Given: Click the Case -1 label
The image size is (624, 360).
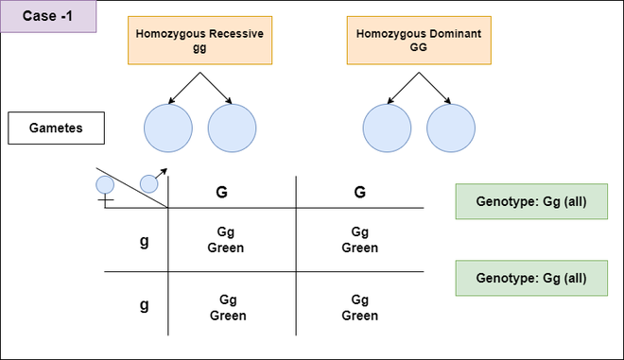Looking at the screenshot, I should tap(47, 16).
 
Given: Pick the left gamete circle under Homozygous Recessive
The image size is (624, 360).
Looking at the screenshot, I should tap(168, 128).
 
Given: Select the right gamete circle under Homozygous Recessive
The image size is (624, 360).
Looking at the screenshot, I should tap(232, 128).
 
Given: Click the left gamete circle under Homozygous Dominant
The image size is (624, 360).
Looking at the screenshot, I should tap(388, 128).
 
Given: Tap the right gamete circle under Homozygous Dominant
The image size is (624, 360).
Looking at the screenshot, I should tap(451, 128).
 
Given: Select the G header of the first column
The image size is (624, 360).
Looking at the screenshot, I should tap(222, 192).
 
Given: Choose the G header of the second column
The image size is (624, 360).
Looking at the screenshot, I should tap(359, 192).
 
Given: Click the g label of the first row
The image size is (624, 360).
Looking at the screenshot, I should tap(144, 241).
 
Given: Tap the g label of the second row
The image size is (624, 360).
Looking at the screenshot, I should tap(144, 306).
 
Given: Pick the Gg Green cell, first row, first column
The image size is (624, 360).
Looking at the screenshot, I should tap(227, 240).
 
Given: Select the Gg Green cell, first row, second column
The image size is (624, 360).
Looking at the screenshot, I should tap(359, 240).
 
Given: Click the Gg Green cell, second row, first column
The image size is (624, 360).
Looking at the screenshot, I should tap(227, 307).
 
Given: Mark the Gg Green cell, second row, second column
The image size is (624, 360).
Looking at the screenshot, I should tap(359, 307).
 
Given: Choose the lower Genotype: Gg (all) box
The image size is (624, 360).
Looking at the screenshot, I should tap(530, 278).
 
